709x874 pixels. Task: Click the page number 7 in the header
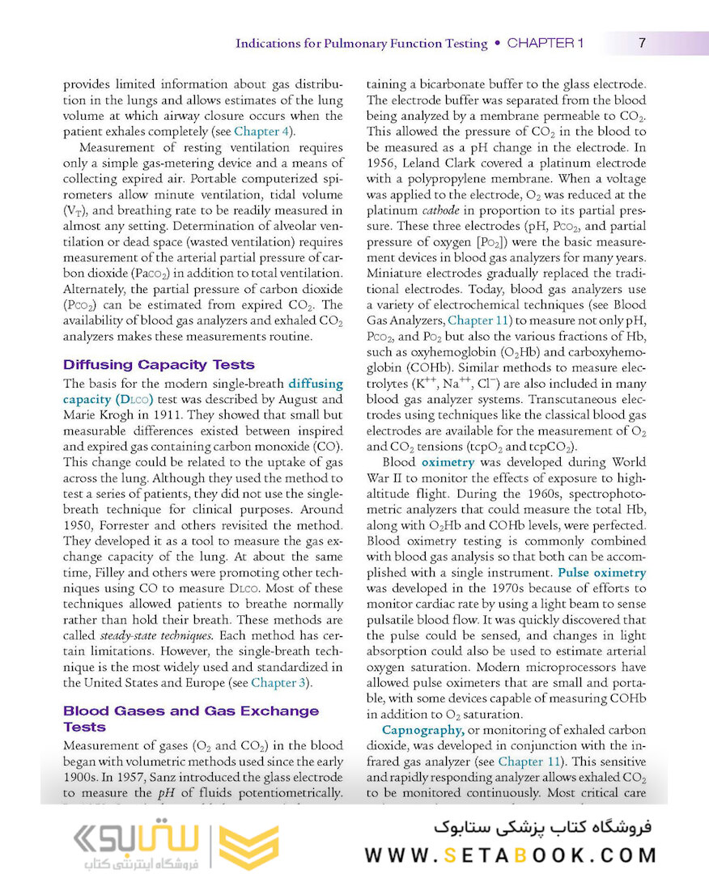point(642,43)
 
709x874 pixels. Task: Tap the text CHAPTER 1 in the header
point(545,43)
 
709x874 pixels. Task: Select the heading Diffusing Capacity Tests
point(159,364)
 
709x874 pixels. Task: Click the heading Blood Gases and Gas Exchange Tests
point(191,719)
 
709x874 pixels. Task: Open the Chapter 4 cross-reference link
point(261,131)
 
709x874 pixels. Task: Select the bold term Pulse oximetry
point(602,572)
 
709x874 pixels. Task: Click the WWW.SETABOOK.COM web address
point(511,855)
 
